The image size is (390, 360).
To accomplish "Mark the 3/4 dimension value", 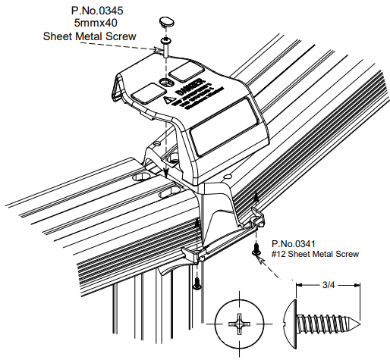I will pyautogui.click(x=328, y=285).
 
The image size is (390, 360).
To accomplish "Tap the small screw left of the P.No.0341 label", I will pyautogui.click(x=256, y=249).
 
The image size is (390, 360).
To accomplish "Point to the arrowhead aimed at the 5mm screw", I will pyautogui.click(x=159, y=50).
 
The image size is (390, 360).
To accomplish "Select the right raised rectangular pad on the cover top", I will pyautogui.click(x=183, y=72).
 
